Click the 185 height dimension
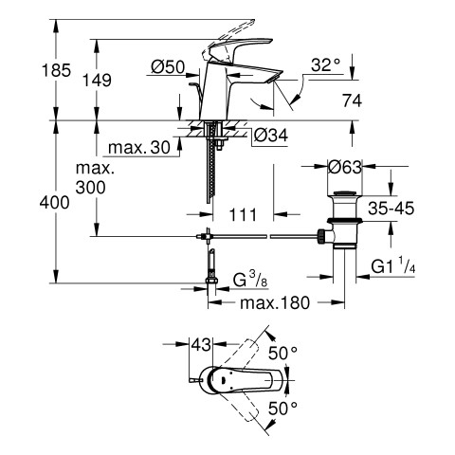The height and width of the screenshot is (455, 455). pos(56,70)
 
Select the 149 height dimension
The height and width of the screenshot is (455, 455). pos(97,80)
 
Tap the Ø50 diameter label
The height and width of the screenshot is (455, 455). pos(168,67)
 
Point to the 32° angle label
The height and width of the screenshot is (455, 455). pos(326,65)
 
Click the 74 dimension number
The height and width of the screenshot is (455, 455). pos(352,101)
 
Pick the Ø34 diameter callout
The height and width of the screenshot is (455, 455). pos(271,136)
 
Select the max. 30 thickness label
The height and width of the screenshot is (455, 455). pos(139,147)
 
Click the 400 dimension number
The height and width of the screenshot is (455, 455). pos(54,202)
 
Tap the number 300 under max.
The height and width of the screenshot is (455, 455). pos(90,188)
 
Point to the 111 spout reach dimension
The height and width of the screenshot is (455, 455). pos(243,215)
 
